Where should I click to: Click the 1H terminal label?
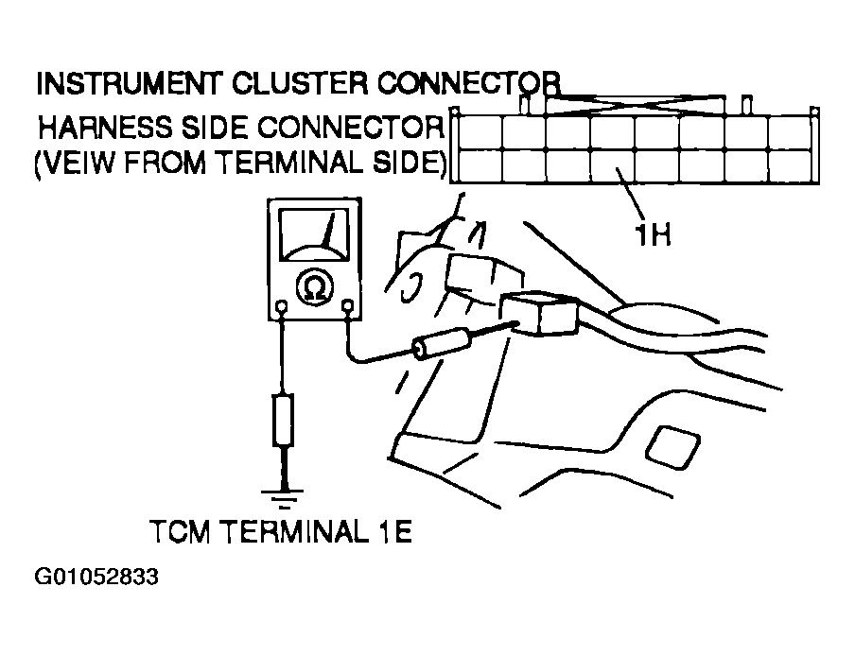point(652,233)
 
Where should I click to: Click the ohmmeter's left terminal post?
point(282,306)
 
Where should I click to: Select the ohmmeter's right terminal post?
point(347,305)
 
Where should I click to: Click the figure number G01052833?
point(96,577)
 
